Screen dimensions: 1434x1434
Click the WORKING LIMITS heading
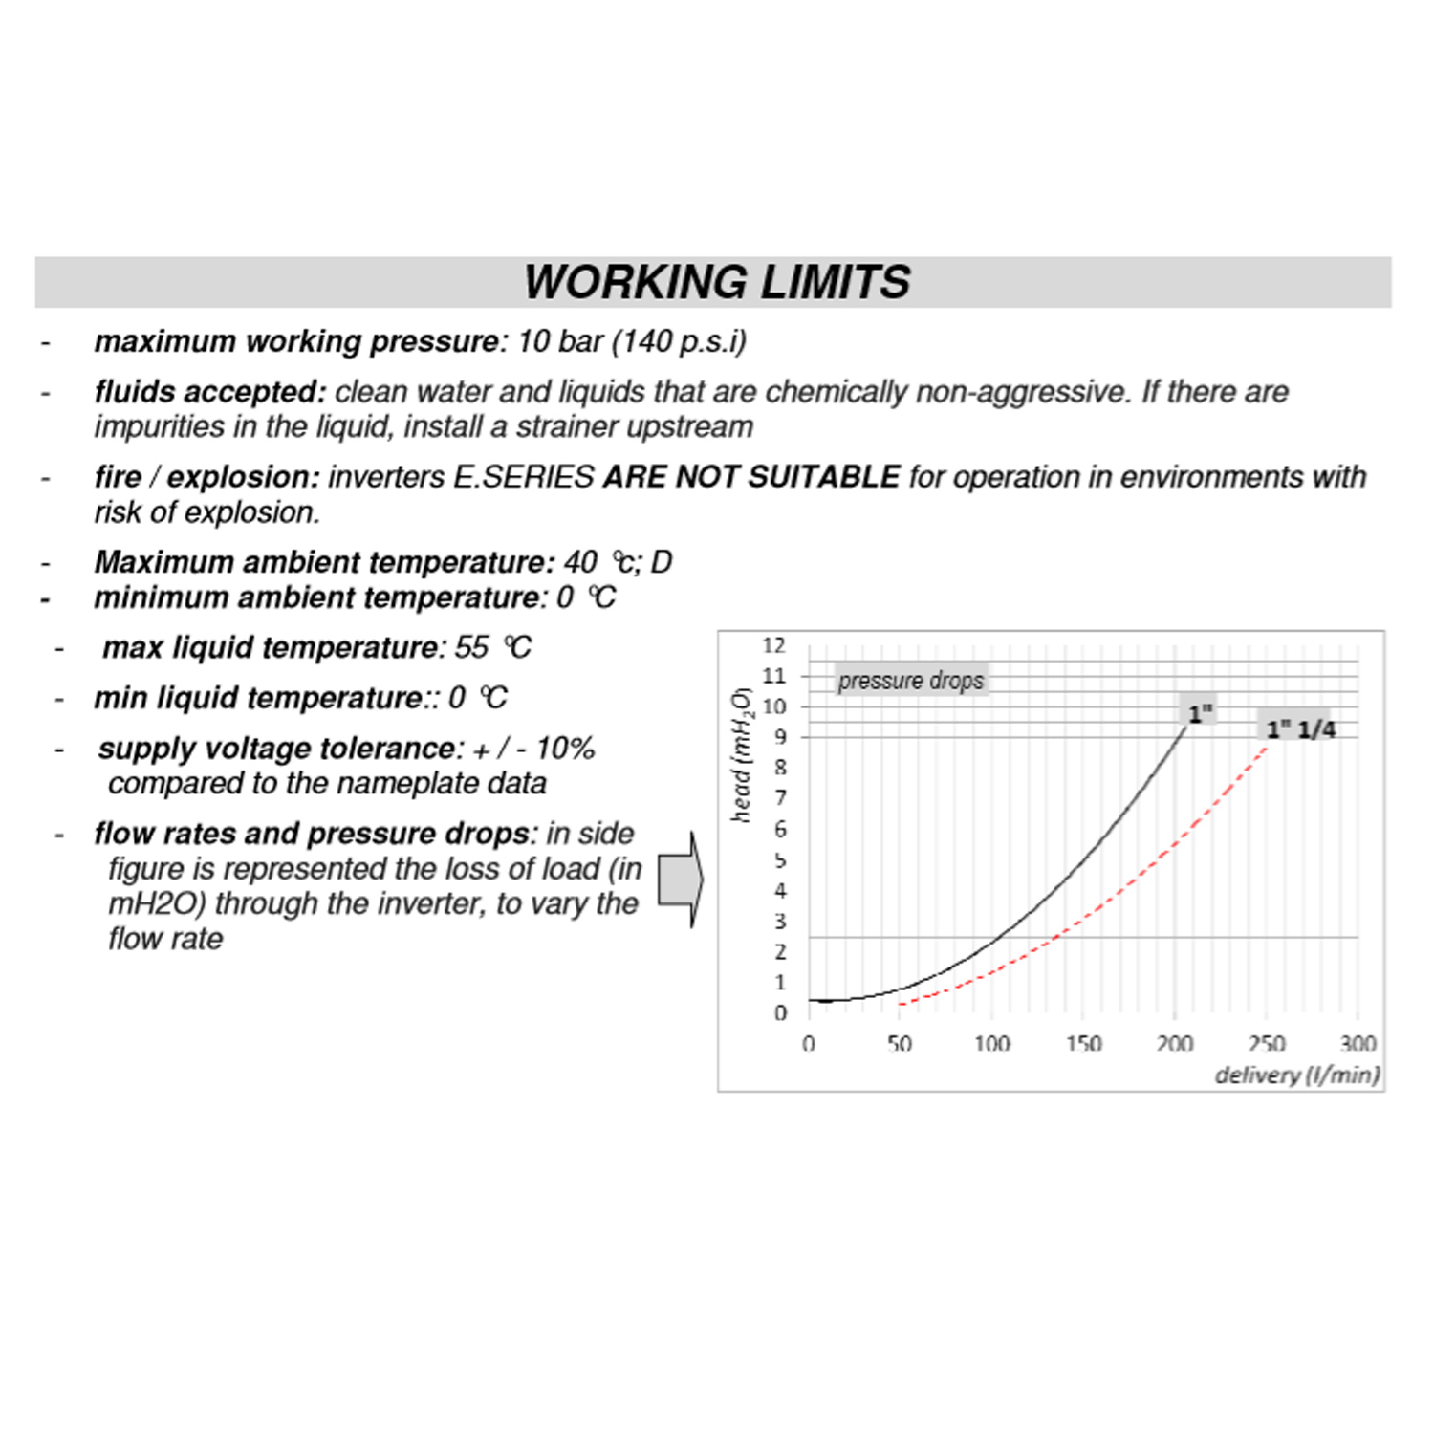coord(717,282)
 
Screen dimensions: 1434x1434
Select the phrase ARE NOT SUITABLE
coord(751,477)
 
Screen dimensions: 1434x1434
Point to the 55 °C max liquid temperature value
coord(492,648)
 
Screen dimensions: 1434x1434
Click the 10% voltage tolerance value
coord(565,749)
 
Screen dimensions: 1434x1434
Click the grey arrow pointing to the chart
coord(681,879)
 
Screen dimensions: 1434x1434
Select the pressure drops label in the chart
coord(910,681)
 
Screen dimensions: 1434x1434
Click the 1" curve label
coord(1200,712)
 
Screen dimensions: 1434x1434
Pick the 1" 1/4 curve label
coord(1300,729)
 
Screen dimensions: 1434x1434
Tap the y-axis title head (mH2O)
coord(743,754)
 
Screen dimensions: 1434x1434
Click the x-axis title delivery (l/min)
coord(1296,1075)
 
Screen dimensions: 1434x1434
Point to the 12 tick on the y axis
coord(774,646)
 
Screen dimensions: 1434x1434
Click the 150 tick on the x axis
coord(1083,1043)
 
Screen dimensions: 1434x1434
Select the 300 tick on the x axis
coord(1357,1043)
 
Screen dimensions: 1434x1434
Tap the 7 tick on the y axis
coord(780,798)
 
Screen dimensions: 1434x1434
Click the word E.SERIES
coord(523,477)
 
